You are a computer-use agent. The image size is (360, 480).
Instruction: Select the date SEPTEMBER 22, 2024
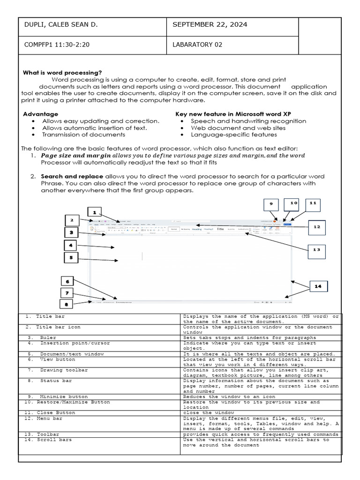tap(210, 25)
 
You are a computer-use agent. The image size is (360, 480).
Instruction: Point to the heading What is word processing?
tap(62, 73)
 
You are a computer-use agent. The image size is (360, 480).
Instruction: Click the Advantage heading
tap(41, 114)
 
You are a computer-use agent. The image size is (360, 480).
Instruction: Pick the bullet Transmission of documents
tap(83, 135)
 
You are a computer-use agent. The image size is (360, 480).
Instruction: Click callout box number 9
tap(270, 204)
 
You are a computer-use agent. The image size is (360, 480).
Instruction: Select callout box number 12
tap(317, 227)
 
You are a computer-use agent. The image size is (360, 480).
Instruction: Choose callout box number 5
tap(71, 257)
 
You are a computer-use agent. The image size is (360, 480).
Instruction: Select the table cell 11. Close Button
tap(49, 413)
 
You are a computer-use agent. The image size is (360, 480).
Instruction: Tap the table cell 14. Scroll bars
tap(48, 440)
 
